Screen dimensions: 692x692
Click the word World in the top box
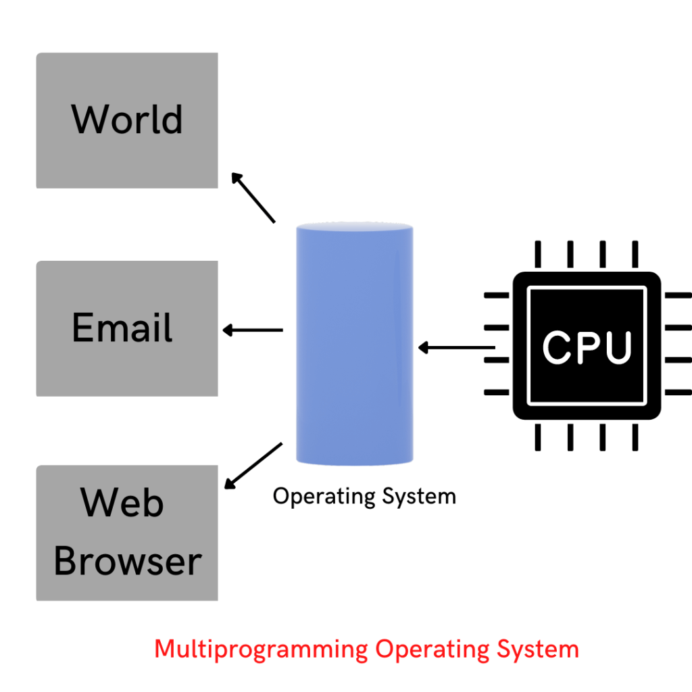coord(127,119)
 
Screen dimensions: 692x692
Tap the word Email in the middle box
coord(122,327)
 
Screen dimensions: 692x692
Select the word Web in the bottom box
coord(122,503)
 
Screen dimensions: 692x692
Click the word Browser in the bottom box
coord(128,561)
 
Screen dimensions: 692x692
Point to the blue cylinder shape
coord(355,343)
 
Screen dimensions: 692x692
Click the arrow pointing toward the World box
coord(253,197)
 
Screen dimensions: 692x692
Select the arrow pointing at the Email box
coord(253,330)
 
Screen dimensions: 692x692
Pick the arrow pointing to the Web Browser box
coord(253,466)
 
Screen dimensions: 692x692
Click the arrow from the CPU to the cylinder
coord(456,348)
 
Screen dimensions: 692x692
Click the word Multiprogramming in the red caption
coord(262,649)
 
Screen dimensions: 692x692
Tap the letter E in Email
coord(81,327)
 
